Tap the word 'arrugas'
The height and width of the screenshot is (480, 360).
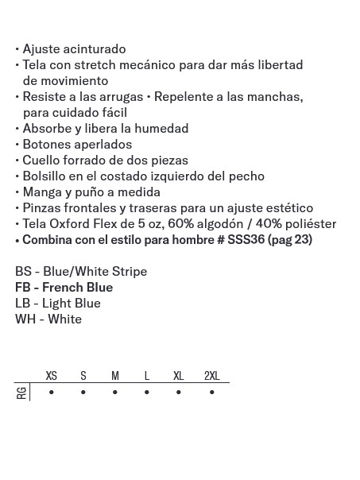(x=119, y=97)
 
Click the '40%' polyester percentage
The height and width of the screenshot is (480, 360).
(x=269, y=224)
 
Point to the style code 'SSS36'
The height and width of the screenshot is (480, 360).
(x=246, y=240)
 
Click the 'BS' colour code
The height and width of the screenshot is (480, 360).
(x=23, y=272)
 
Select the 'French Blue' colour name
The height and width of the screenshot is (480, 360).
(x=77, y=288)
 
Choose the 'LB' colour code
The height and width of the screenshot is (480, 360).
(x=23, y=304)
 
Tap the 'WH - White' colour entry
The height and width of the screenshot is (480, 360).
(x=48, y=319)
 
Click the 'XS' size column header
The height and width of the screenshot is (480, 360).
(x=52, y=376)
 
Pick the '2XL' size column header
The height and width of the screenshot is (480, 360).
(x=211, y=376)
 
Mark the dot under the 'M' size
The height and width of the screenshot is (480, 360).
(x=115, y=393)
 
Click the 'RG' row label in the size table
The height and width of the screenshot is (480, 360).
(x=21, y=393)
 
